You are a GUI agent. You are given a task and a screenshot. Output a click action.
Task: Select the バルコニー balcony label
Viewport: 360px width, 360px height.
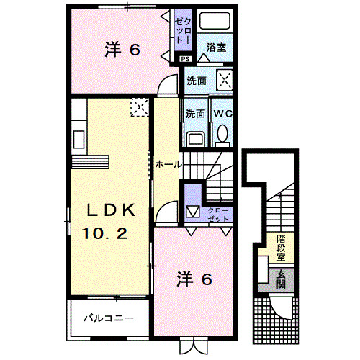click(107, 317)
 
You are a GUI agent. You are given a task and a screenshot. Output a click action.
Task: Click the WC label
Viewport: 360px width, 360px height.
click(220, 113)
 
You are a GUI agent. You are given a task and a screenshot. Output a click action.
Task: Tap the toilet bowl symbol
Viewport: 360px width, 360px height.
click(222, 133)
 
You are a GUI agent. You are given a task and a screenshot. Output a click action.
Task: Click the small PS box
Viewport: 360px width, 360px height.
click(186, 58)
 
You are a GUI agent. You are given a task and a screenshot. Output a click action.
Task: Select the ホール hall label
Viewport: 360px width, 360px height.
click(168, 165)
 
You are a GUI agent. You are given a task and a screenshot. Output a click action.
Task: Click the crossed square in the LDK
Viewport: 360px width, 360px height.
click(138, 108)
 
